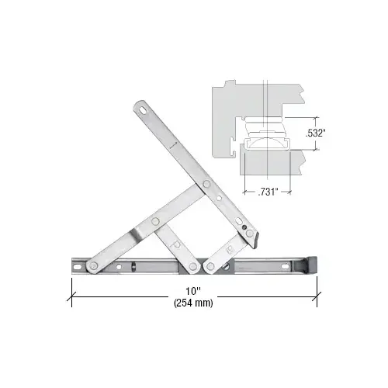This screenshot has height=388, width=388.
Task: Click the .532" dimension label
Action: [x=315, y=133]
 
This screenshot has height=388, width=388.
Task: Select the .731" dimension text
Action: [x=268, y=192]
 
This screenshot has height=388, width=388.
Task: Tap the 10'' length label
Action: [x=193, y=291]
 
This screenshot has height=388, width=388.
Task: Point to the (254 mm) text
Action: [x=193, y=303]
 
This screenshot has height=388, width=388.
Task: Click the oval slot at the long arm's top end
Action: [x=143, y=109]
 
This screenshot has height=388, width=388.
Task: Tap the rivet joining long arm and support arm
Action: [x=206, y=184]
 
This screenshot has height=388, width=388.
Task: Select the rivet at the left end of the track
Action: [x=93, y=265]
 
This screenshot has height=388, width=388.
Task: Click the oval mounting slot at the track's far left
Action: [x=77, y=266]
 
